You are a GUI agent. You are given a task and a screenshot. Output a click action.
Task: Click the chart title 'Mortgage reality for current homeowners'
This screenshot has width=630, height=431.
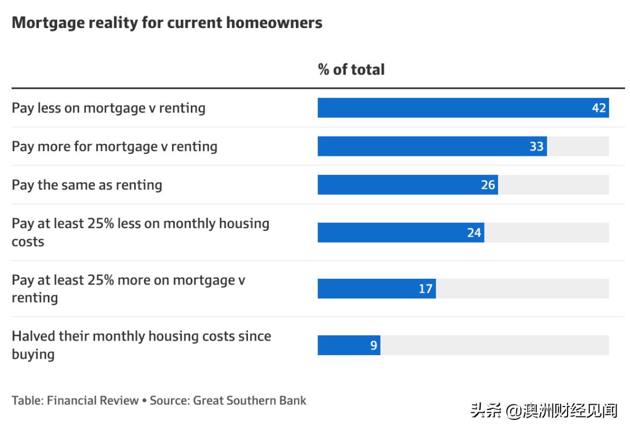click(167, 23)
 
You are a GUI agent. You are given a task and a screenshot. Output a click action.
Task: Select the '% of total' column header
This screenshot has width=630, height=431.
click(351, 69)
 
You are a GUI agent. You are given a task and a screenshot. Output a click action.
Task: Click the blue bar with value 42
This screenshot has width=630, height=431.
click(455, 108)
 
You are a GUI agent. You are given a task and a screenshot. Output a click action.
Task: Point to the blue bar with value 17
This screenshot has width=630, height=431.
click(367, 289)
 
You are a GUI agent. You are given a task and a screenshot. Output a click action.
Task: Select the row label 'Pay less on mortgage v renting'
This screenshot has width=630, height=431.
click(108, 108)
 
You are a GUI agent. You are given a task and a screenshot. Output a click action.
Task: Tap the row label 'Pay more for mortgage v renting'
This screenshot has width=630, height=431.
click(114, 146)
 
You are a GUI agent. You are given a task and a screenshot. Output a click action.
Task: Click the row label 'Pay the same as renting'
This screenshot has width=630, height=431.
click(87, 185)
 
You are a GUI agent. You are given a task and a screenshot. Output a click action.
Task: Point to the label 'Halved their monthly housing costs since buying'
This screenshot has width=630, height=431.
click(141, 345)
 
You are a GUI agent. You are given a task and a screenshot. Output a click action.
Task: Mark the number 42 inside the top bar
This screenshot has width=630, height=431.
click(599, 108)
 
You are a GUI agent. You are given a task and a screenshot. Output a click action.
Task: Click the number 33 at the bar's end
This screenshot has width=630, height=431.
click(537, 146)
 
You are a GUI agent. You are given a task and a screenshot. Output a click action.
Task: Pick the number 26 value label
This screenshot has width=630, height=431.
click(488, 185)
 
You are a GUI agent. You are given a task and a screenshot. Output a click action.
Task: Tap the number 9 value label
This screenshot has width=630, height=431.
click(373, 345)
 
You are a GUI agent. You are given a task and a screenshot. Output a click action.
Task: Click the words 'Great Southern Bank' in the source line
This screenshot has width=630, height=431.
click(250, 401)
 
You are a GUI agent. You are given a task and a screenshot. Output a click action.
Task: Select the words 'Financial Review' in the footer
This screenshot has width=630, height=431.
click(93, 401)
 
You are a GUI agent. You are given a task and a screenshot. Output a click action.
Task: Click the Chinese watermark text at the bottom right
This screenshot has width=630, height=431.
click(544, 411)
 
